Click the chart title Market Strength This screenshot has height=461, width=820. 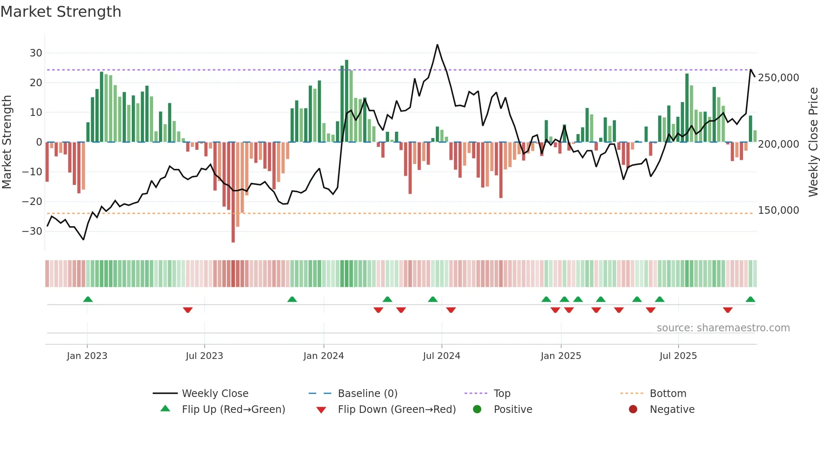(61, 12)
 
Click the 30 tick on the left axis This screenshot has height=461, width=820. (36, 53)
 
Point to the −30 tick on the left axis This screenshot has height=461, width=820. (32, 231)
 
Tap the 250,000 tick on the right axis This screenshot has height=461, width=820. (778, 78)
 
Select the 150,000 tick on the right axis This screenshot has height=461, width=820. (778, 210)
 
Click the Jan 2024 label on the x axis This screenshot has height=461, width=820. (323, 356)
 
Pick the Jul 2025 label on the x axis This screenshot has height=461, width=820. (678, 356)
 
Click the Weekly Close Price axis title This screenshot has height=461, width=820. (813, 142)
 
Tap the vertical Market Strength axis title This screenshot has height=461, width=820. (7, 142)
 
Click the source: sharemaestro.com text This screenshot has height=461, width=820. (723, 328)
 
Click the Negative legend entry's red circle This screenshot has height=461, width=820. (633, 409)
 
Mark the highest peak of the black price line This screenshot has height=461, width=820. (437, 45)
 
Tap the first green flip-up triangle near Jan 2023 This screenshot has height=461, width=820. (88, 299)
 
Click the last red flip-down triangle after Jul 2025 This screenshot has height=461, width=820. (728, 310)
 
